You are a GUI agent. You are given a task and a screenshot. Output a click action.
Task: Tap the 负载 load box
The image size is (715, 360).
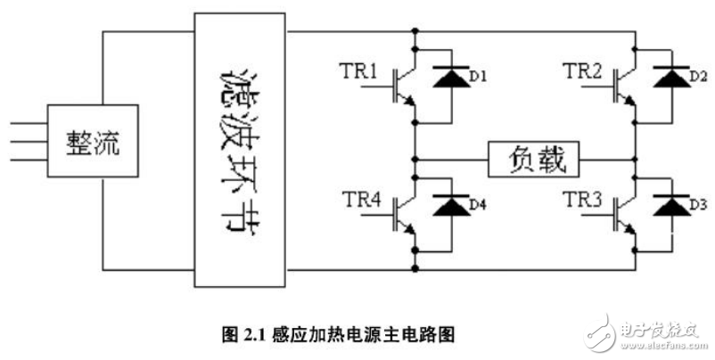point(533,160)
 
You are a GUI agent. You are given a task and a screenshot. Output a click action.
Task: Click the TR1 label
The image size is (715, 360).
point(359,70)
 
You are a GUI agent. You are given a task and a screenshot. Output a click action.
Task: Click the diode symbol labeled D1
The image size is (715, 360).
point(448,78)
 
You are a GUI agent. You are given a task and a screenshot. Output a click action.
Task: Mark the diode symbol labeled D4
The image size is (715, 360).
point(448,206)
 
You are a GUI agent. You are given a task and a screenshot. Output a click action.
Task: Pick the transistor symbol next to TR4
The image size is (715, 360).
point(404,215)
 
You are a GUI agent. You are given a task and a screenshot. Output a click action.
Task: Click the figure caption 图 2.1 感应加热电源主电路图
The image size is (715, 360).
point(339,334)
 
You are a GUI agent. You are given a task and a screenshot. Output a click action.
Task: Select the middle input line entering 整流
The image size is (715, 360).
point(24,143)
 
